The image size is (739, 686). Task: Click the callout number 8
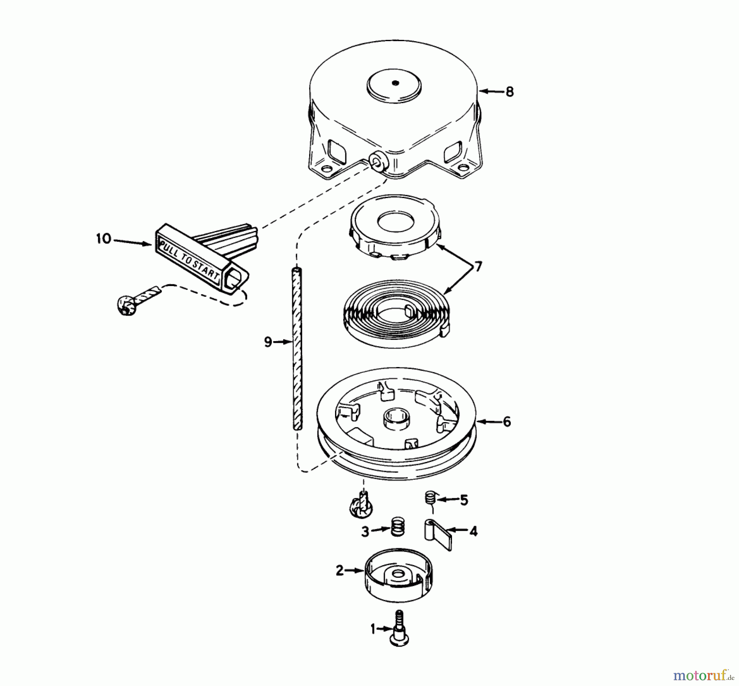tap(509, 92)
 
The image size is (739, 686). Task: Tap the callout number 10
tap(104, 239)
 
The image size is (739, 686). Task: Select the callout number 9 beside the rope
tap(268, 342)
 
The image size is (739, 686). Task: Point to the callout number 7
tap(478, 267)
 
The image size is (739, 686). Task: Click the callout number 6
tap(507, 422)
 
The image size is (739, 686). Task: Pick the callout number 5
tap(464, 501)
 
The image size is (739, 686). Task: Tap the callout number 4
tap(473, 531)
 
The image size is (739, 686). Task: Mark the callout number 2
tap(340, 571)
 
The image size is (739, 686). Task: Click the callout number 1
tap(373, 629)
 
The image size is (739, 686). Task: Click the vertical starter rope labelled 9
tap(298, 349)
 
